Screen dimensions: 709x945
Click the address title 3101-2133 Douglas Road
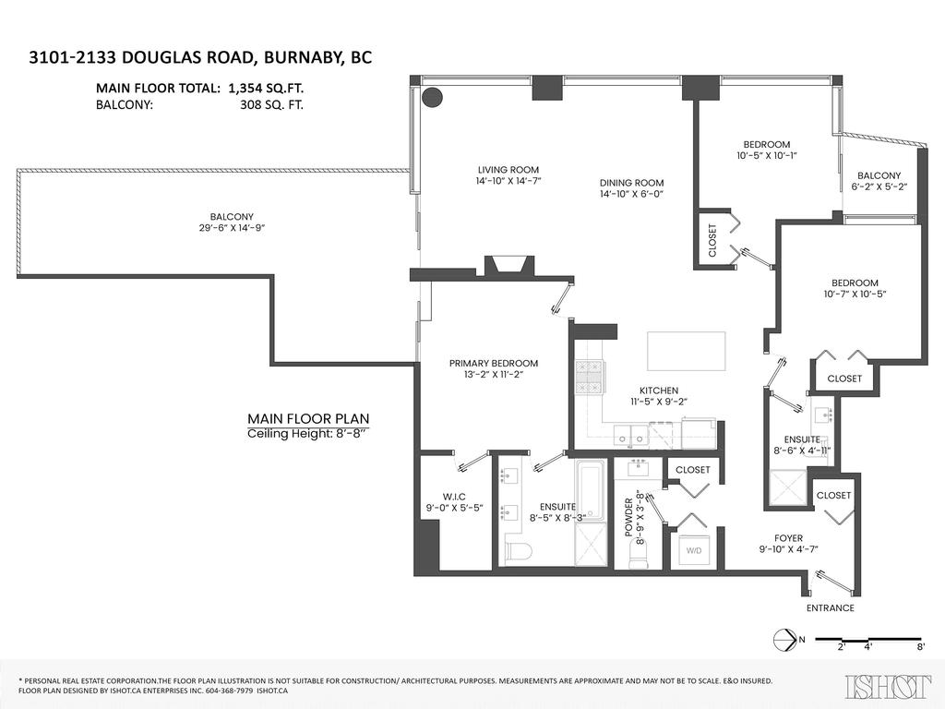[200, 58]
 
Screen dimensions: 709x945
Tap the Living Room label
[508, 170]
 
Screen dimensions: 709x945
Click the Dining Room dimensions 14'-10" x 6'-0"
[632, 195]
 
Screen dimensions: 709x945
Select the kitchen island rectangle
[686, 350]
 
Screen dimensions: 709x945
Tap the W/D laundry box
[692, 549]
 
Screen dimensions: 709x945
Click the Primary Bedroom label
[493, 364]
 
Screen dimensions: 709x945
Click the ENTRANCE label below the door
[830, 608]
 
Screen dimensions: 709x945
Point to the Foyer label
[788, 538]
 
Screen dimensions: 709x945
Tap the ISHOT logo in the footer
[887, 684]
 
